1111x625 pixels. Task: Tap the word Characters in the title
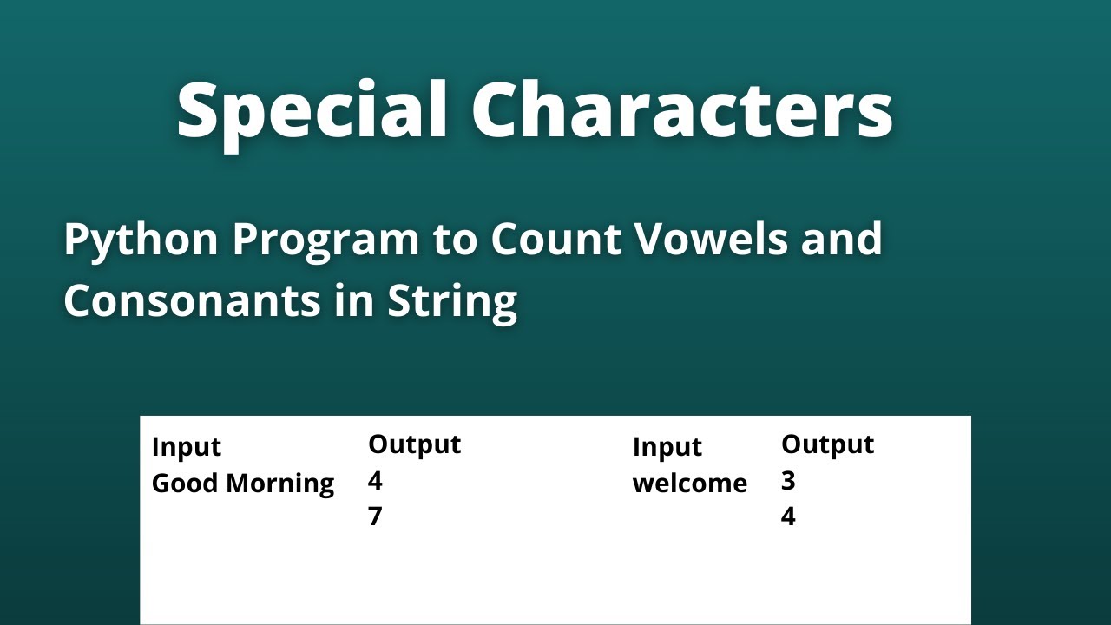(x=682, y=111)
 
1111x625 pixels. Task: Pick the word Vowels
(x=707, y=240)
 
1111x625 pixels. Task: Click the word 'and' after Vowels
(x=838, y=240)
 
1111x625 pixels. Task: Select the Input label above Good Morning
(x=186, y=447)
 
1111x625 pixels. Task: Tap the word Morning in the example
(x=280, y=484)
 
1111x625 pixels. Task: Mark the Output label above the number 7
(x=414, y=444)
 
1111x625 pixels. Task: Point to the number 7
(x=375, y=517)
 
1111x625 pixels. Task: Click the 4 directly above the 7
(x=375, y=481)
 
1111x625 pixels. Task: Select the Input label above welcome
(x=667, y=447)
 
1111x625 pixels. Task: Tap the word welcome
(x=689, y=484)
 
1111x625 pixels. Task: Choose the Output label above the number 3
(x=827, y=444)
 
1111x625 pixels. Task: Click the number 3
(x=788, y=481)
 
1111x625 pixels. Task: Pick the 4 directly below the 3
(x=788, y=517)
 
